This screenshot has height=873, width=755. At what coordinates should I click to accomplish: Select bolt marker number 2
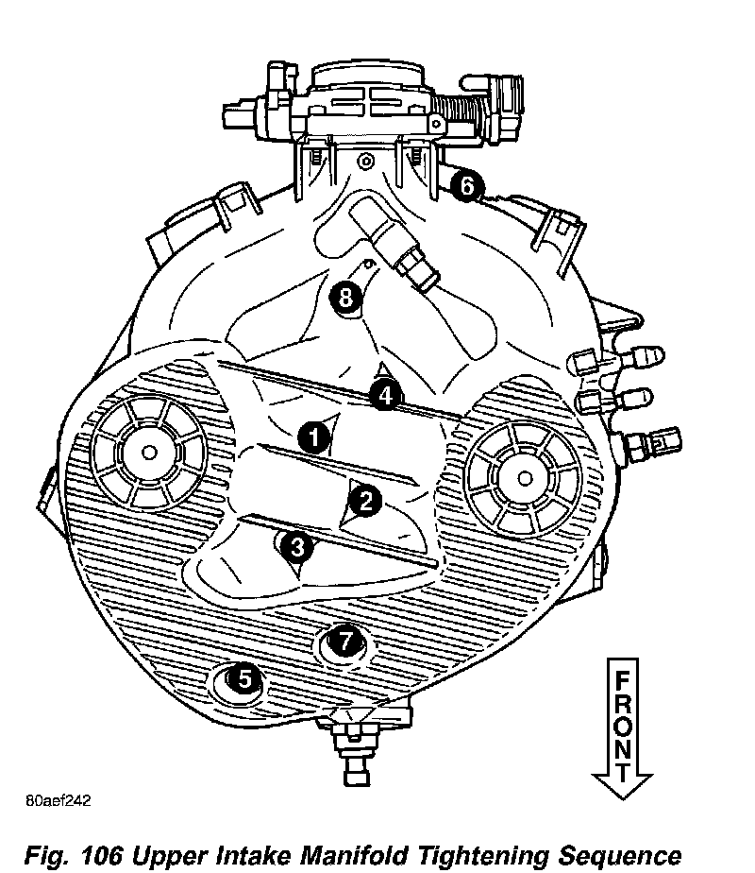365,500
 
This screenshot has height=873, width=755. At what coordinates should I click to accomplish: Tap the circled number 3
296,545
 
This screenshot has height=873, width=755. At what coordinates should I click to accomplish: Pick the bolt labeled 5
243,678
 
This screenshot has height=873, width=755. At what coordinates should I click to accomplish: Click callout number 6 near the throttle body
466,186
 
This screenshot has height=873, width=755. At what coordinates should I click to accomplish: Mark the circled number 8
346,299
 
